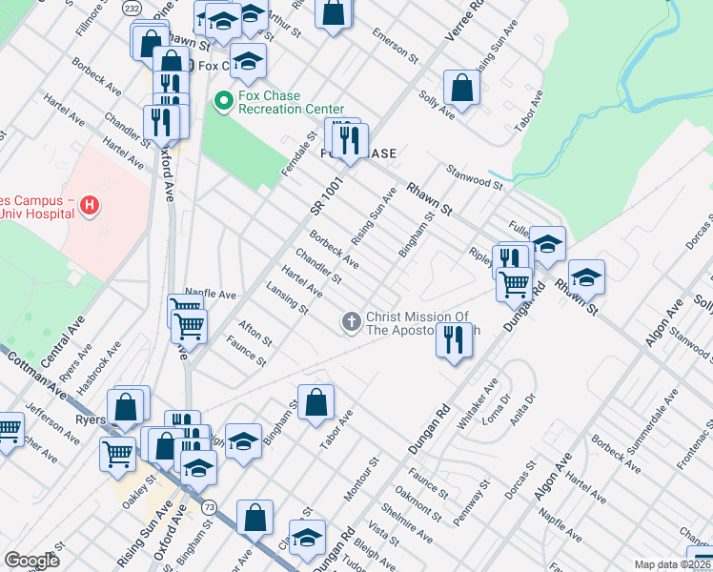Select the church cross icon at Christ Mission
(x=351, y=323)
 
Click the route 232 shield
(x=132, y=8)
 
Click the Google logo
(x=31, y=561)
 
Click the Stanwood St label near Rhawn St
(x=474, y=176)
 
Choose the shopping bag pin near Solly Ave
(x=461, y=88)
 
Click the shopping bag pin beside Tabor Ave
(x=316, y=401)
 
